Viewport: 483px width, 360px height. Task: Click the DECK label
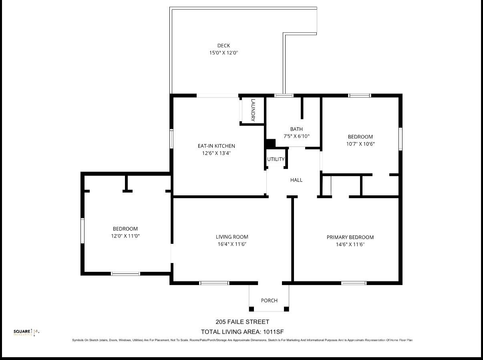coord(223,46)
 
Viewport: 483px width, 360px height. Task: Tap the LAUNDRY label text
coord(253,110)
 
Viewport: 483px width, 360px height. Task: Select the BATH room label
coord(296,129)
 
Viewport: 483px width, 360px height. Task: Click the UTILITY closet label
coord(276,159)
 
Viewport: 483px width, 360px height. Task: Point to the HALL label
coord(296,180)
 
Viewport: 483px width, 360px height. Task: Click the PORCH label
coord(269,300)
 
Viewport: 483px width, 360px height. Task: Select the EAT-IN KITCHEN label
coord(216,146)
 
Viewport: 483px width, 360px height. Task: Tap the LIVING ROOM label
coord(232,237)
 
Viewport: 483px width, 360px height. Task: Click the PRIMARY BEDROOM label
coord(350,237)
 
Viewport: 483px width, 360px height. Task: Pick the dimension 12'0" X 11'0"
coord(125,236)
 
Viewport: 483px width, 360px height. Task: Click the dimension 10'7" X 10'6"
coord(360,144)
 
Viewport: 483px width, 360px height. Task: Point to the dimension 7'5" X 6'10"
coord(296,136)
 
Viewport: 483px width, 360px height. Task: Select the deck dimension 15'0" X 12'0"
coord(223,53)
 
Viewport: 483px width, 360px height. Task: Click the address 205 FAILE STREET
coord(242,322)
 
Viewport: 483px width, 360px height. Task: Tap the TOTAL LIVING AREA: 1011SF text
coord(242,332)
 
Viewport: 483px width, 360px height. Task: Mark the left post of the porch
coord(252,309)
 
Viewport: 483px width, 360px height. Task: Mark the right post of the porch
coord(286,309)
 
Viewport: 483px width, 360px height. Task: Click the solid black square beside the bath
coord(271,143)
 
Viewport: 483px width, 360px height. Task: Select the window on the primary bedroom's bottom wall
coord(354,283)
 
